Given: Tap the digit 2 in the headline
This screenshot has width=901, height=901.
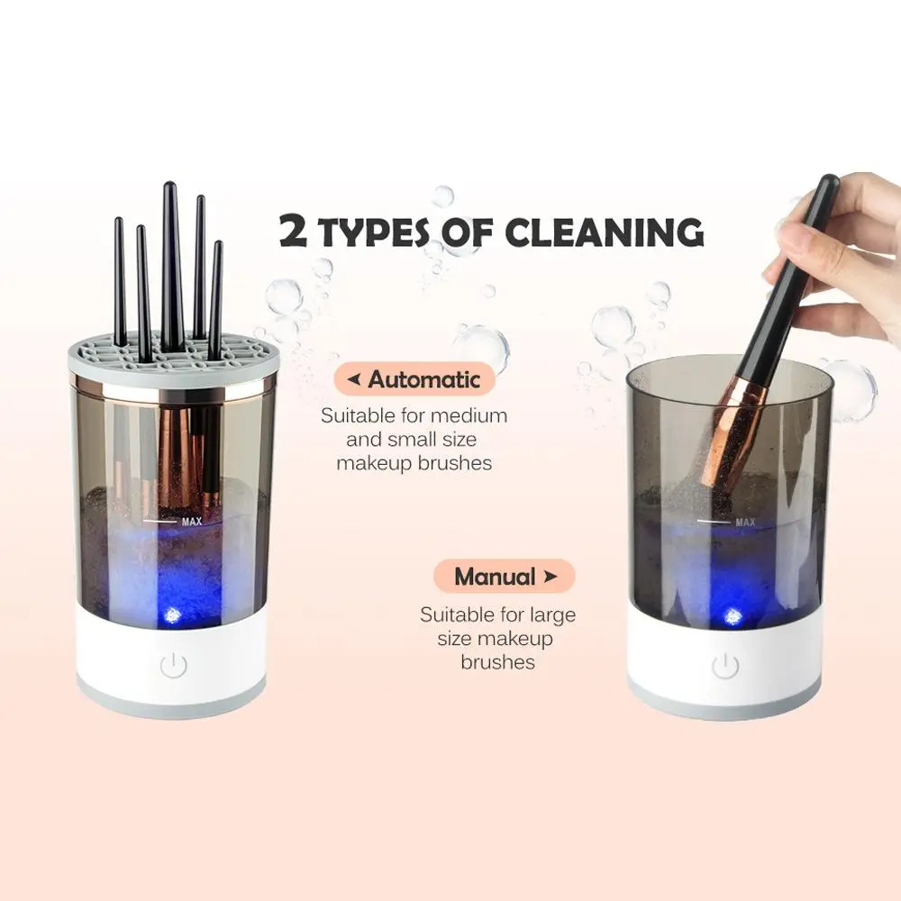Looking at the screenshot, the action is (293, 231).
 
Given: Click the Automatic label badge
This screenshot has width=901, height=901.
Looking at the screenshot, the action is (414, 379).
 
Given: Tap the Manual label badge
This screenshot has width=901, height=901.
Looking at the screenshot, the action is (504, 577).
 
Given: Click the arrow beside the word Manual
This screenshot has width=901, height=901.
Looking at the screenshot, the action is (551, 576).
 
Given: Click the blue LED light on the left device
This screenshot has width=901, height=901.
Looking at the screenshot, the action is (172, 614).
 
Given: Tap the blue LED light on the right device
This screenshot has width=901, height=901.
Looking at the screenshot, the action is (731, 617).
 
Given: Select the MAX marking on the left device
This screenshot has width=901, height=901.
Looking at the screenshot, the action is (192, 522).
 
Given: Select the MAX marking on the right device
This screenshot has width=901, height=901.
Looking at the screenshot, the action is (745, 523).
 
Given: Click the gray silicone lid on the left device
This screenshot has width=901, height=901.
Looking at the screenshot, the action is (173, 356).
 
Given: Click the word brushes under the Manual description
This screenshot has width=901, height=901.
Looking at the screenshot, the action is (497, 662).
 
